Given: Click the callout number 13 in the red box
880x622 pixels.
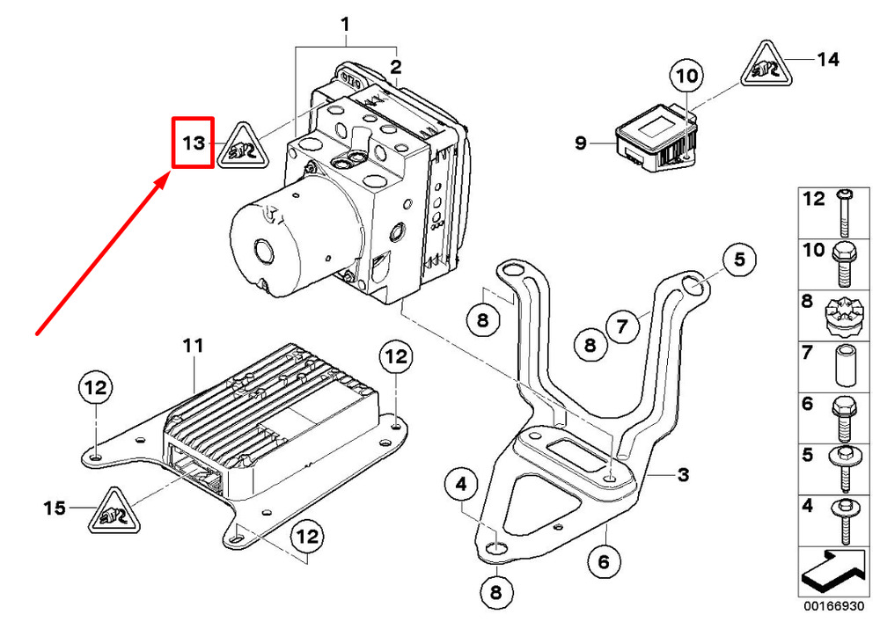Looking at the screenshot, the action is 194,143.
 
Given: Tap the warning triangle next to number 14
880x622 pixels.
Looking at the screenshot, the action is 766,66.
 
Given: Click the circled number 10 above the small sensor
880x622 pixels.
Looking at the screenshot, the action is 686,76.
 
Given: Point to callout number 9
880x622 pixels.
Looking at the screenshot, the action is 581,143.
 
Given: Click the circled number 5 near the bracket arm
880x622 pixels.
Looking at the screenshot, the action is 739,260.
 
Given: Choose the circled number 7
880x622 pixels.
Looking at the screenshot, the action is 622,326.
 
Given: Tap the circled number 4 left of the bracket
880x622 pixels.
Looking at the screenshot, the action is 461,484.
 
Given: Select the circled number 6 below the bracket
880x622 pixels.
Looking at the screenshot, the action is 604,561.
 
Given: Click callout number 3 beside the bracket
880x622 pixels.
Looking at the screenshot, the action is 683,475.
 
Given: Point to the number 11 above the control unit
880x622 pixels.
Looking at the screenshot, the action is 193,346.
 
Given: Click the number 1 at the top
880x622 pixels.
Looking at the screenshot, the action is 346,25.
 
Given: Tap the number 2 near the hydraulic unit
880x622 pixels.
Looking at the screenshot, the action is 396,68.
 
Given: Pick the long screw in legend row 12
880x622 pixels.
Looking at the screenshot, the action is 844,213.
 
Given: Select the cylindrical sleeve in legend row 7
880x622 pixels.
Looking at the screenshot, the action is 845,366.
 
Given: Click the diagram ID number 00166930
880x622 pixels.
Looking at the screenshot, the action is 833,606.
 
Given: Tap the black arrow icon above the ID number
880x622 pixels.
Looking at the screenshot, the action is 833,572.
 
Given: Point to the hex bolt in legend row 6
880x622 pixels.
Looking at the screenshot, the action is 845,419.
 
